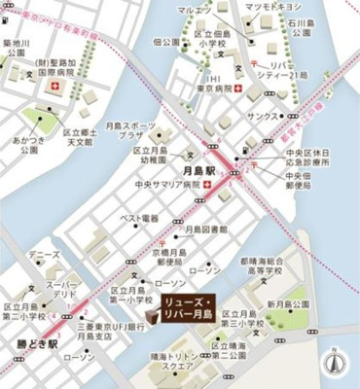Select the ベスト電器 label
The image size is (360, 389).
click(138, 220)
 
